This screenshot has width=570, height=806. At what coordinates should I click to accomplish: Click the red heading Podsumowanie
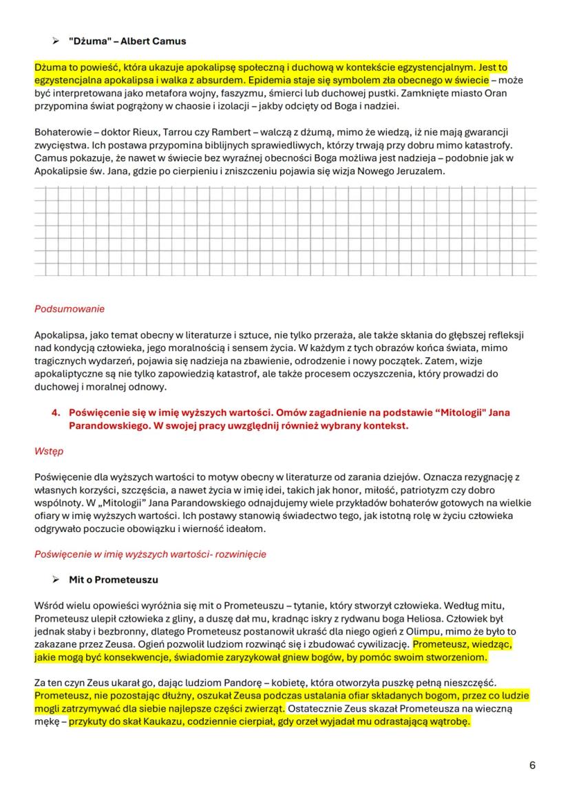[70, 309]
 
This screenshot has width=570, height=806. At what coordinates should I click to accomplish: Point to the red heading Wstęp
[48, 452]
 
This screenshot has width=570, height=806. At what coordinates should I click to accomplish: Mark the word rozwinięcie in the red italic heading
[241, 554]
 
